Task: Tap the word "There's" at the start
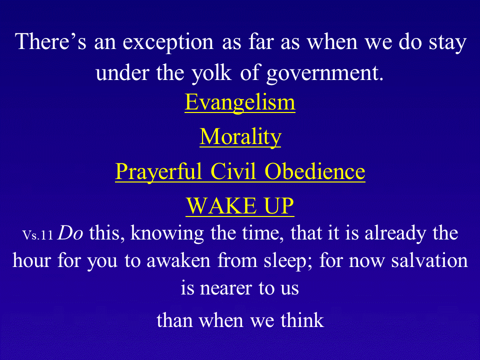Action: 50,41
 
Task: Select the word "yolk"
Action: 211,73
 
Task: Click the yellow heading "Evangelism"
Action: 240,102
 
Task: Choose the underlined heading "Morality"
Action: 240,137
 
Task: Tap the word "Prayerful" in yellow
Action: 158,171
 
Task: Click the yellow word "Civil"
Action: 233,171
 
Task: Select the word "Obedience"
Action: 314,171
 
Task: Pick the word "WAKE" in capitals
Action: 221,205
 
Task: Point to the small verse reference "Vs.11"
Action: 37,235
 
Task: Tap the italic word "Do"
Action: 70,233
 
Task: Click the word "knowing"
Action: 167,234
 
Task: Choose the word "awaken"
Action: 178,261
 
